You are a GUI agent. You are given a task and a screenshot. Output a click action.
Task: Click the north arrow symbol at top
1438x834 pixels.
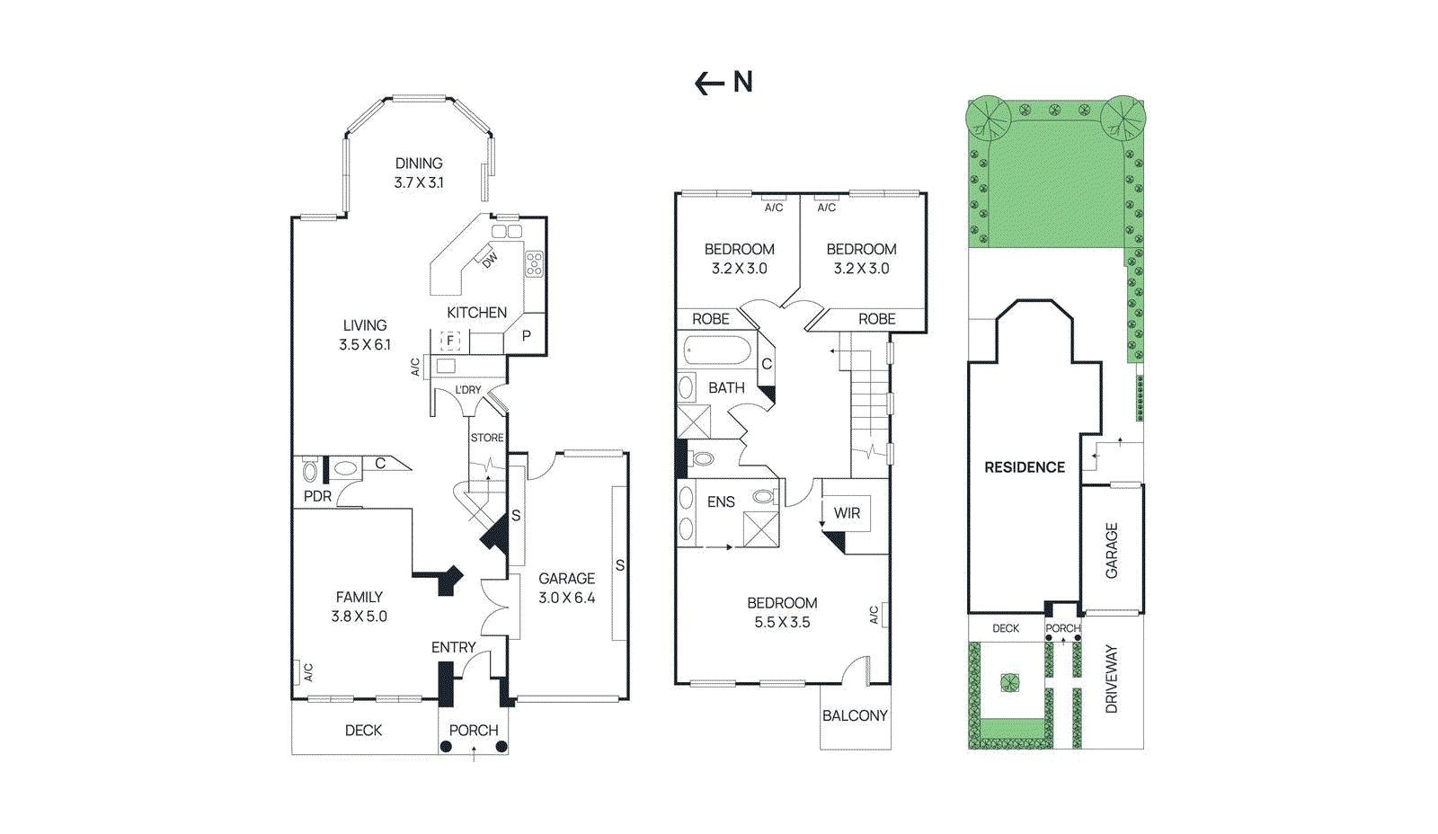723,83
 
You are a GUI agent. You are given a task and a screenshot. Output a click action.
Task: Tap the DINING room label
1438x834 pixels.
419,164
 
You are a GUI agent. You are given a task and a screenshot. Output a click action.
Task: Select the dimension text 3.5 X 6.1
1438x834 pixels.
365,345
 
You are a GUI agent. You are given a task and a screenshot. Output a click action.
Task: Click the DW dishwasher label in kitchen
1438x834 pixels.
490,261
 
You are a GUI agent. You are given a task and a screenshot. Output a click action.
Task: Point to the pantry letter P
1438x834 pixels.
527,336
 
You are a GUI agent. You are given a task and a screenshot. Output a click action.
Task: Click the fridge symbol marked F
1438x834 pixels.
450,341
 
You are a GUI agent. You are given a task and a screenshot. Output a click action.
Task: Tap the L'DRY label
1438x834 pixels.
467,390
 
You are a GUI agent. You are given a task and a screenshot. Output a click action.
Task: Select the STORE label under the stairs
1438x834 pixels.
487,438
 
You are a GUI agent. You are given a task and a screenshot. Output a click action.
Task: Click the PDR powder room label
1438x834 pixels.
317,496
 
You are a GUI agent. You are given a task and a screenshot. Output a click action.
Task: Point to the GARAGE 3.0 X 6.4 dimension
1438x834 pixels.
567,599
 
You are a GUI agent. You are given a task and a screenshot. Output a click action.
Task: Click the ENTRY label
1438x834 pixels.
453,647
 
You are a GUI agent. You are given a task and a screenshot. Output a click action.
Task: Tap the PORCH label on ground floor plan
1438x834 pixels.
474,731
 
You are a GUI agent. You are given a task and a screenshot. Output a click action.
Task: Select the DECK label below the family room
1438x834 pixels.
363,731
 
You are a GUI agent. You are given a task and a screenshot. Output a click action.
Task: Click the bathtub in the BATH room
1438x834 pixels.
717,350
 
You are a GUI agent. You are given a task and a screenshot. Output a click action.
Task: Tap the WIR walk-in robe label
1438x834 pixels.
847,513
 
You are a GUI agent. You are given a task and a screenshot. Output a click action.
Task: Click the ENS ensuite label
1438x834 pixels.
721,502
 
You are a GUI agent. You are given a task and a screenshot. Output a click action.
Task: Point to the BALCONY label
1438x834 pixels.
855,716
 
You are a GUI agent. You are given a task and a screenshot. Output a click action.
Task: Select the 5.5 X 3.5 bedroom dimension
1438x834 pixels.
782,623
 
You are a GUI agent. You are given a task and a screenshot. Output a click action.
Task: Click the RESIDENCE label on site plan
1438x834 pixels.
1025,467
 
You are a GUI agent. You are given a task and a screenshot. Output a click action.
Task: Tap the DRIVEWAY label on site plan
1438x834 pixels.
1112,679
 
